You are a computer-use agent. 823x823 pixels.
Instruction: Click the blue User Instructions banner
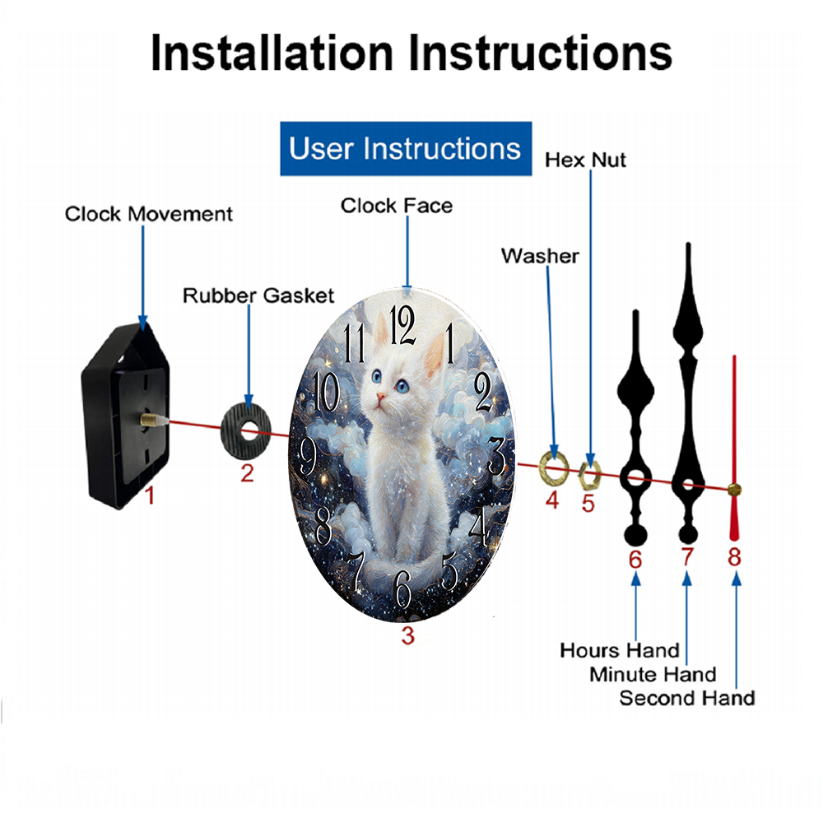(x=406, y=148)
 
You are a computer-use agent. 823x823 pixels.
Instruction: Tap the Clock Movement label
(x=148, y=214)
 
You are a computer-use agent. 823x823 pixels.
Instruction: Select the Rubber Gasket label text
(x=258, y=296)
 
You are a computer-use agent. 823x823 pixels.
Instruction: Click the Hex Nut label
(x=585, y=160)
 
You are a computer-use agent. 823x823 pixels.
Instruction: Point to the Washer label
(x=540, y=256)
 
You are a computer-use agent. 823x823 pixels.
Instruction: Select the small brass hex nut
(x=588, y=475)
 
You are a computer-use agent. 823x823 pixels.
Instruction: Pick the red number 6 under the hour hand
(x=635, y=560)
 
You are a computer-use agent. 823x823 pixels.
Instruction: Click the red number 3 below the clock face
(x=408, y=635)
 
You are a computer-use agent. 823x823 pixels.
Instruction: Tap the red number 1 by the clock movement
(x=150, y=495)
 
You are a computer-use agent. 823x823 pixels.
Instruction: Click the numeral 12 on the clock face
(x=402, y=325)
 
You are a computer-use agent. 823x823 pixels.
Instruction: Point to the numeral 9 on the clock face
(x=308, y=456)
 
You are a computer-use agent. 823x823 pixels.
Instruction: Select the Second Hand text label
(x=687, y=699)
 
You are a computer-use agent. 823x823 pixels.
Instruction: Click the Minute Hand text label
(x=653, y=675)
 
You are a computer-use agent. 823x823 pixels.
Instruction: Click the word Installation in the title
(x=272, y=53)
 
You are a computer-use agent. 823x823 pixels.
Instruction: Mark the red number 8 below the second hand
(x=734, y=557)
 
